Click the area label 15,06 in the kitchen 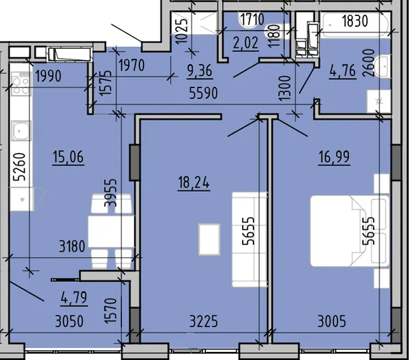pos(68,157)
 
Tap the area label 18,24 pos(193,182)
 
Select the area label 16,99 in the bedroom pos(334,157)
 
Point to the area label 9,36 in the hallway pos(199,71)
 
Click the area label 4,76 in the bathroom pos(343,71)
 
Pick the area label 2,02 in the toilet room pos(246,43)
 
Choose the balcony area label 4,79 pos(74,298)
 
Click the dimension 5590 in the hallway pos(203,94)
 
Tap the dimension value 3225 pos(203,321)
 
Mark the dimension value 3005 pos(332,321)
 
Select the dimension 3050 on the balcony pos(69,321)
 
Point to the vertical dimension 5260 pos(20,167)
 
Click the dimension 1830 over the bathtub pos(355,21)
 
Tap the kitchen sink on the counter pos(21,130)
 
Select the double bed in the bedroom pos(350,231)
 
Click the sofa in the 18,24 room pos(250,239)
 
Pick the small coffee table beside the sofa pos(209,239)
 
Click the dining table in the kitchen pos(111,232)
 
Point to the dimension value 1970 pos(131,65)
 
